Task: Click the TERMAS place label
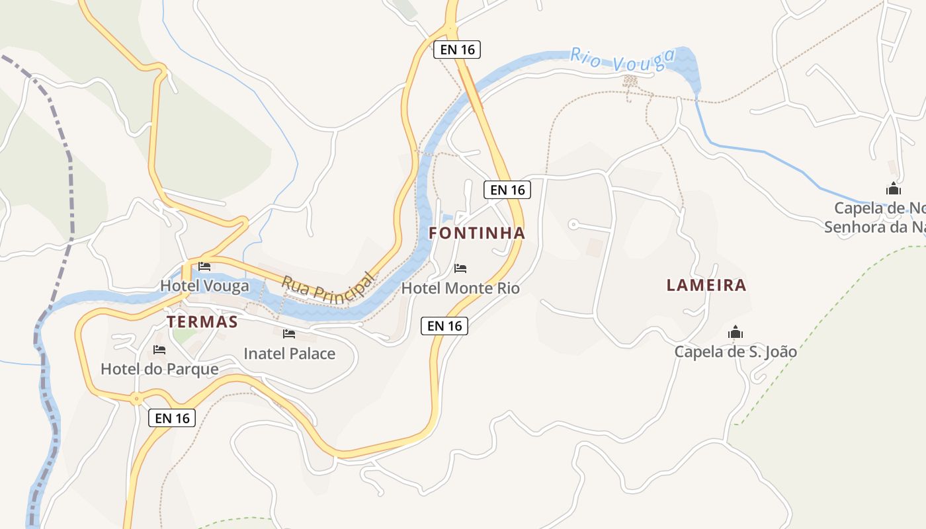tap(202, 322)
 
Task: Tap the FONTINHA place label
tap(477, 233)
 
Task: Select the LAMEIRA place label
tap(706, 285)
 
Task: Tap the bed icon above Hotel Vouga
tap(204, 266)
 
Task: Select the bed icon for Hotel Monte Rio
tap(460, 268)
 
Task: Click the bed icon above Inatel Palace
tap(289, 334)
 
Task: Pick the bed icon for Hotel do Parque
tap(159, 350)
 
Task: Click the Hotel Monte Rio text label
tap(460, 288)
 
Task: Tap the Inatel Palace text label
tap(289, 354)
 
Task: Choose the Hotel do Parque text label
tap(159, 369)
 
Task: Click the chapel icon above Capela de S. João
tap(736, 332)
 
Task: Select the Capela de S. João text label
tap(736, 352)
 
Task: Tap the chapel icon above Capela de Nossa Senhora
tap(894, 188)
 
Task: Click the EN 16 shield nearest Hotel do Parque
tap(172, 418)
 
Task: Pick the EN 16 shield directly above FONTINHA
tap(507, 190)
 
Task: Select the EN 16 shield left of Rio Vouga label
tap(456, 50)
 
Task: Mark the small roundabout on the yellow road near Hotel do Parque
tap(136, 398)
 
